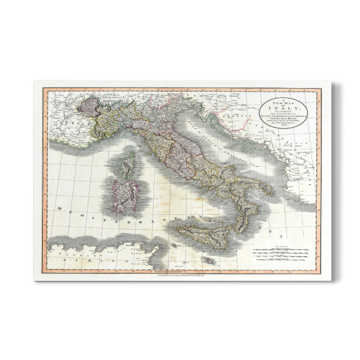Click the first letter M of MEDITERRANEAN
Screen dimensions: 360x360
point(59,207)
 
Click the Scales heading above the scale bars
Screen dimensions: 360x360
point(281,245)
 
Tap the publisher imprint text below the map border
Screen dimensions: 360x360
point(180,274)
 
